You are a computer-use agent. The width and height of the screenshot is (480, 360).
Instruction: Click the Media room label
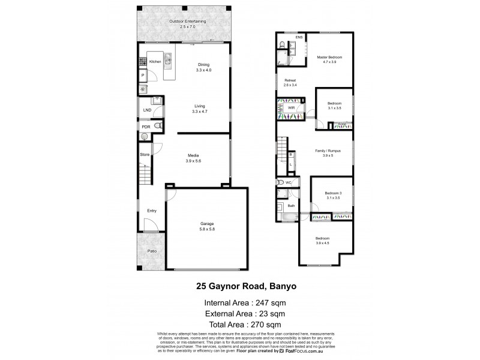click(193, 158)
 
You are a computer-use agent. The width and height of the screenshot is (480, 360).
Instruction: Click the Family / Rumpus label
click(328, 153)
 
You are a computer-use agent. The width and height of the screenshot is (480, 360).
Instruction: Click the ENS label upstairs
click(299, 37)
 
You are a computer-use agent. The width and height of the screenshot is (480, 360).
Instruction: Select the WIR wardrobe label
click(291, 108)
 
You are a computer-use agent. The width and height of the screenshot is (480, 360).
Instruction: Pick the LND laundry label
click(146, 110)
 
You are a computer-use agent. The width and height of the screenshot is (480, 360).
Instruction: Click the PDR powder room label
click(146, 127)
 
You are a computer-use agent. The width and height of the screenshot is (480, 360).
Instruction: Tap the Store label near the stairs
click(145, 155)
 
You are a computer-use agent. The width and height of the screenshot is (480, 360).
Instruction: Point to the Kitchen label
click(155, 62)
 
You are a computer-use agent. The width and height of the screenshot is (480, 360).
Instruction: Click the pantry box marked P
click(143, 76)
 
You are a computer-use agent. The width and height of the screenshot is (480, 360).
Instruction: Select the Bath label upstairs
click(291, 206)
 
